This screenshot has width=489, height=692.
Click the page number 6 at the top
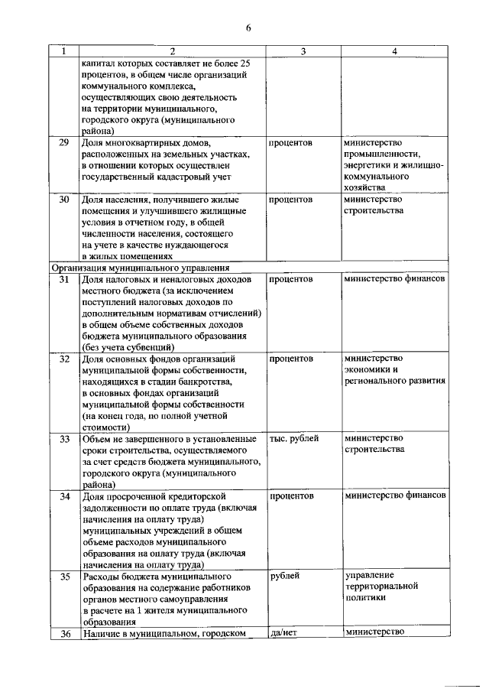[x=248, y=28]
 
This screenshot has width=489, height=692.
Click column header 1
[x=64, y=51]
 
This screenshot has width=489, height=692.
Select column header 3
[x=303, y=51]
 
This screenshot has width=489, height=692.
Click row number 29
[x=64, y=143]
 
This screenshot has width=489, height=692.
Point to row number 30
[x=64, y=200]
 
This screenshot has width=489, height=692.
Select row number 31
[x=64, y=280]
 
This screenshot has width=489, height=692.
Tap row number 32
[x=64, y=359]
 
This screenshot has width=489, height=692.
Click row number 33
[x=64, y=439]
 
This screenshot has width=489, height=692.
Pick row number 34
[x=64, y=497]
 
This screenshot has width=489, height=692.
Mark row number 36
[x=64, y=633]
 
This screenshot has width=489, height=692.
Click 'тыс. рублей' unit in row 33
[x=294, y=438]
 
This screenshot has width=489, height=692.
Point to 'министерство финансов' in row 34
[x=395, y=496]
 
